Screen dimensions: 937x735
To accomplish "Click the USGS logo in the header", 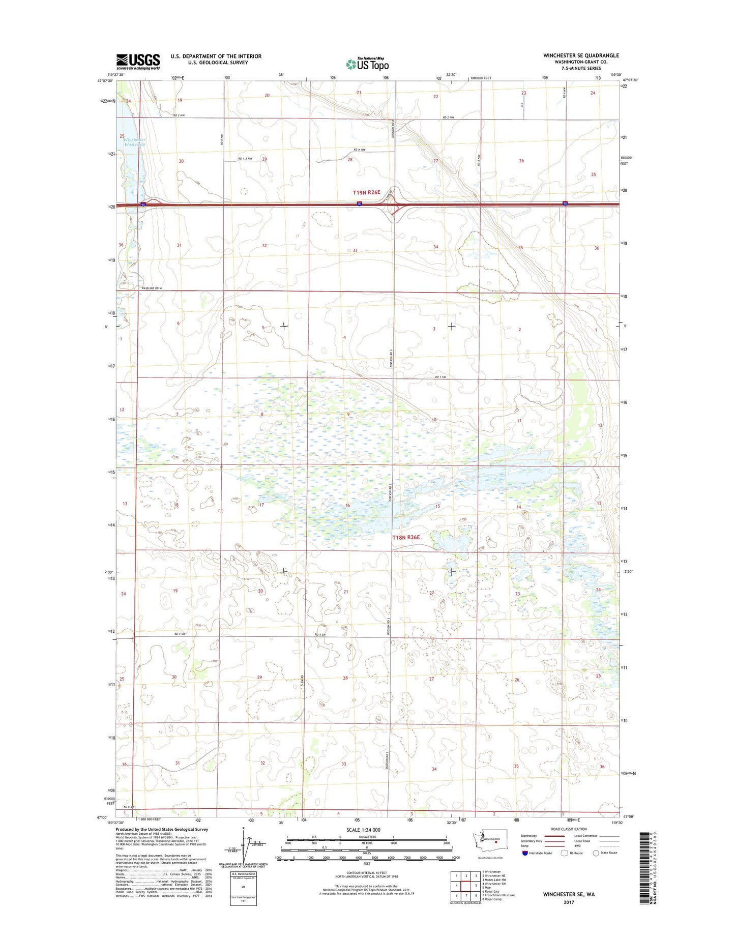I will pos(138,62).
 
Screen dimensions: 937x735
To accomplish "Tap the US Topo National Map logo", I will pos(367,64).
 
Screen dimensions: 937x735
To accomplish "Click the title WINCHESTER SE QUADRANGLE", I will pos(581,55).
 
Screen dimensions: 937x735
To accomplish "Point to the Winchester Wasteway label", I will pos(134,142).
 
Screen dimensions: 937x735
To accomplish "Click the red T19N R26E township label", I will pos(366,192).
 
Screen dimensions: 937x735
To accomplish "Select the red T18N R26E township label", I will pos(406,537).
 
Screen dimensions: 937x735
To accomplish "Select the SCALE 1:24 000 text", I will pos(363,830).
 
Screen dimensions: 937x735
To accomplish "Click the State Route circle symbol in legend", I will pos(596,853).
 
